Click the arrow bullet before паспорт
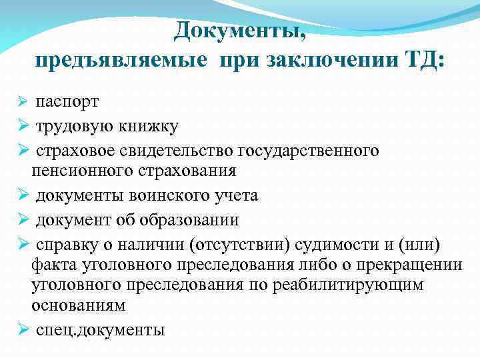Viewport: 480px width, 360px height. click(22, 102)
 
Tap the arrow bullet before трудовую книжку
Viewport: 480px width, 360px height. click(22, 126)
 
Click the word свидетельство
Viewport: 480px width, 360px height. click(185, 150)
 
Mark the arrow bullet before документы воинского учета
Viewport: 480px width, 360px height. click(22, 195)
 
